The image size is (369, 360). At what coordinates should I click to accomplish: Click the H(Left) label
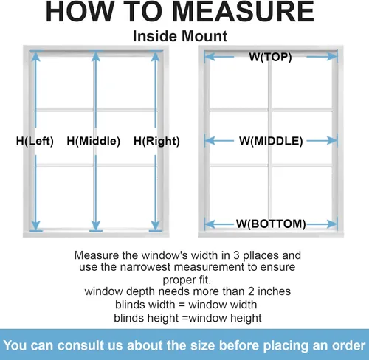click(x=35, y=141)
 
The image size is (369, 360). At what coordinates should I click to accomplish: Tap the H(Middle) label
click(x=94, y=141)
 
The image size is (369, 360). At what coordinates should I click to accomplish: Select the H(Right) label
click(x=156, y=141)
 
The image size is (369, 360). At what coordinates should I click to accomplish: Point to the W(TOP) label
click(x=270, y=57)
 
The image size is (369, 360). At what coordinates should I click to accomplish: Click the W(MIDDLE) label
click(x=271, y=141)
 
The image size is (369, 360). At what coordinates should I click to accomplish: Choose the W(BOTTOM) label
click(x=271, y=224)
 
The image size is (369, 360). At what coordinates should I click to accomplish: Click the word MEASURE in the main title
click(x=244, y=12)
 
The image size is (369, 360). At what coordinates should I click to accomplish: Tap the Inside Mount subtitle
click(x=180, y=36)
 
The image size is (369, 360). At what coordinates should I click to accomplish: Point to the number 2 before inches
click(x=251, y=291)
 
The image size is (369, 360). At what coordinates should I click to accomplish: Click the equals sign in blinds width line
click(x=182, y=305)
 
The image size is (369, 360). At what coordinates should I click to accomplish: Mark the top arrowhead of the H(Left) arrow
click(x=36, y=56)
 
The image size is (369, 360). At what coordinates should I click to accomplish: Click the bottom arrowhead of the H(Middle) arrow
click(x=95, y=226)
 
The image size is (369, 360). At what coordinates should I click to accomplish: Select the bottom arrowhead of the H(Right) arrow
click(x=156, y=226)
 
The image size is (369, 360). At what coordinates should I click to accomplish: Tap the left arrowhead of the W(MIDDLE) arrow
click(x=210, y=141)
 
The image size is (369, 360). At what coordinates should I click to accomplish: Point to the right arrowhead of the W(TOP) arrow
click(x=331, y=57)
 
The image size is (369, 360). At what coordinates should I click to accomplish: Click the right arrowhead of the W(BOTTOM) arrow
click(x=331, y=224)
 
